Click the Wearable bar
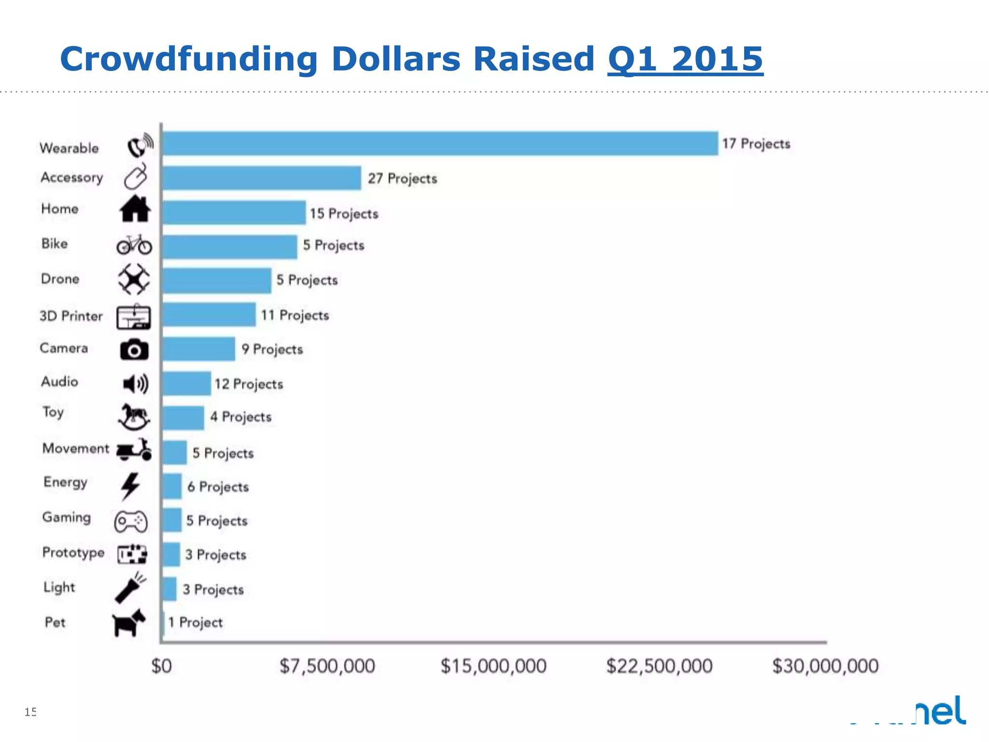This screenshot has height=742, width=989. pyautogui.click(x=439, y=143)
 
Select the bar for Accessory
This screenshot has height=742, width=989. pyautogui.click(x=262, y=178)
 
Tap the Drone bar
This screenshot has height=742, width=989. pyautogui.click(x=217, y=281)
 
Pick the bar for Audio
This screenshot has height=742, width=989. pyautogui.click(x=187, y=384)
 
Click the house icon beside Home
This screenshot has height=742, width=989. pyautogui.click(x=135, y=209)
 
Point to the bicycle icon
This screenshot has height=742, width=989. pyautogui.click(x=134, y=244)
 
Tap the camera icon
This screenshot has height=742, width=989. pyautogui.click(x=134, y=349)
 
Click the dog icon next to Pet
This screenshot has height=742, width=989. pyautogui.click(x=128, y=623)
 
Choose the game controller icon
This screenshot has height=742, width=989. pyautogui.click(x=131, y=521)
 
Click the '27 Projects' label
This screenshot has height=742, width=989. pyautogui.click(x=402, y=179)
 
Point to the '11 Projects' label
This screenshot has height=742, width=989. pyautogui.click(x=295, y=315)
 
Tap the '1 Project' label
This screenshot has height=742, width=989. pyautogui.click(x=196, y=622)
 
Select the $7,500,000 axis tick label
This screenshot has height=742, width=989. pyautogui.click(x=327, y=666)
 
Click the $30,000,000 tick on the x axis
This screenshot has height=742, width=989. pyautogui.click(x=825, y=666)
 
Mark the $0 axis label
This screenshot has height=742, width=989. pyautogui.click(x=162, y=666)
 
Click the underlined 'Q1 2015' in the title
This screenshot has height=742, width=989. pyautogui.click(x=685, y=59)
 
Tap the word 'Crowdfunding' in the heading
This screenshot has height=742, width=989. pyautogui.click(x=189, y=59)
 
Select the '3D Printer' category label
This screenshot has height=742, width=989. pyautogui.click(x=71, y=316)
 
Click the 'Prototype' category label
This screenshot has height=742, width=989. pyautogui.click(x=73, y=552)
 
